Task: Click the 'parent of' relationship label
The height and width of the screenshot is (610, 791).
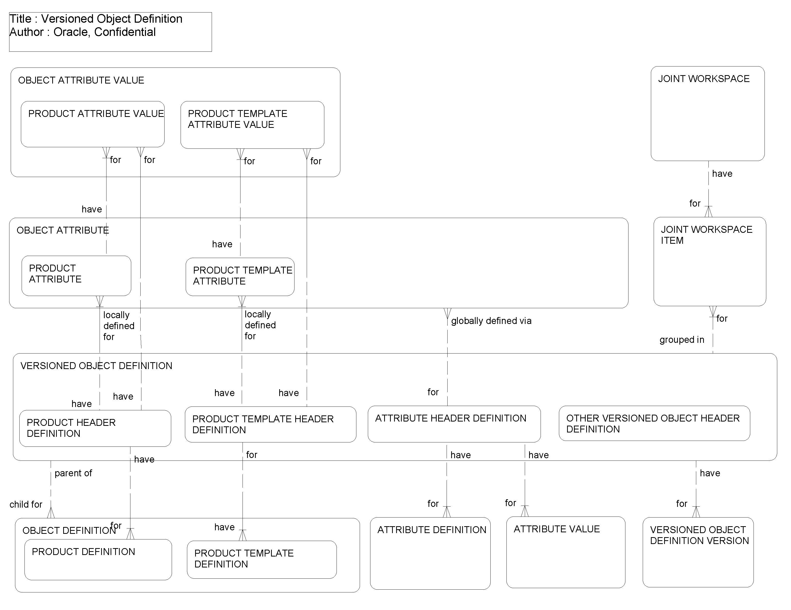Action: click(73, 473)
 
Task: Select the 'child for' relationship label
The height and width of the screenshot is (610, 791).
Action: click(26, 504)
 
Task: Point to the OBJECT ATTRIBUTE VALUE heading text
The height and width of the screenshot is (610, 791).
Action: click(81, 80)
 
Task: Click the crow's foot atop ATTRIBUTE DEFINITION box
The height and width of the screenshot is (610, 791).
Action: click(447, 512)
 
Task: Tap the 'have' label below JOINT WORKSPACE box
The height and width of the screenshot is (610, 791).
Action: click(722, 174)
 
